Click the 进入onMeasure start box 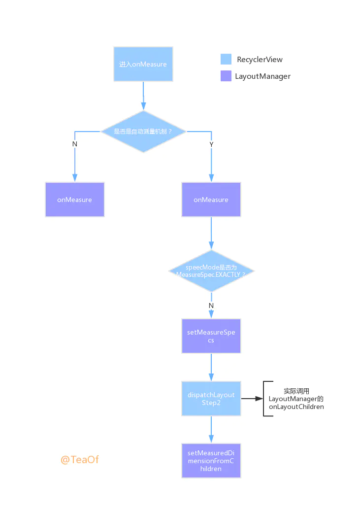click(x=143, y=64)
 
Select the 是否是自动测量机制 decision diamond click(x=143, y=132)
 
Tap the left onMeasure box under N click(x=75, y=200)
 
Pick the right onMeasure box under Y click(x=211, y=200)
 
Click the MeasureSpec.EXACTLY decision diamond click(x=211, y=271)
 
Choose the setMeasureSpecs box click(x=211, y=336)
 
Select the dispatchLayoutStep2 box click(x=211, y=399)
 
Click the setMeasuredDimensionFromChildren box click(x=211, y=460)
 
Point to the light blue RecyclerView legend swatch click(x=226, y=60)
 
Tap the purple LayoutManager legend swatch click(x=226, y=76)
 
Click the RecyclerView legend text click(x=260, y=60)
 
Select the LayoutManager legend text click(x=262, y=76)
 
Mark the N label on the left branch click(x=75, y=144)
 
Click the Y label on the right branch click(x=211, y=144)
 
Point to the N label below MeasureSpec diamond click(x=211, y=305)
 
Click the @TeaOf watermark click(x=80, y=459)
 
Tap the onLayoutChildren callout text click(x=296, y=399)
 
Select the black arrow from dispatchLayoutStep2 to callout click(x=252, y=399)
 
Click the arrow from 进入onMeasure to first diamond click(x=143, y=96)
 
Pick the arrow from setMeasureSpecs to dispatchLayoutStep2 click(x=211, y=367)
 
